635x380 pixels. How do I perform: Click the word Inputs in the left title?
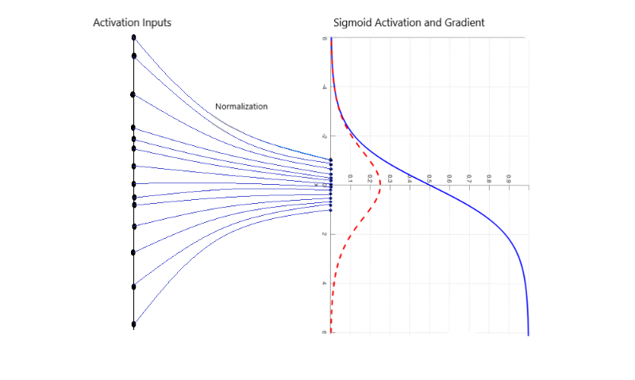pos(154,23)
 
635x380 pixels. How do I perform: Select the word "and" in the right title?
pos(432,23)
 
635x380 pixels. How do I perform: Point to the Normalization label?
pos(241,106)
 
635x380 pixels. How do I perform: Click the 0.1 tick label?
pos(350,179)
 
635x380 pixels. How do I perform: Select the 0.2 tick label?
pos(370,179)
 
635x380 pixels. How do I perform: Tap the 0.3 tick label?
pos(390,179)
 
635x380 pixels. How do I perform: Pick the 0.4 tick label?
pos(410,179)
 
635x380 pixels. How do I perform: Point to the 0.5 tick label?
pos(429,179)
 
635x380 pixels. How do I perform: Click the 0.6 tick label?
pos(449,179)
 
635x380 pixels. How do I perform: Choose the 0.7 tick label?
pos(469,179)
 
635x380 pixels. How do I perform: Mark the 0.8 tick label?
pos(489,179)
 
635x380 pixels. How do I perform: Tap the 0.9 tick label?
pos(509,179)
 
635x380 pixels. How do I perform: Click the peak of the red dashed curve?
pos(380,184)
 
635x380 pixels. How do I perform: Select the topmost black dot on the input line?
pos(133,37)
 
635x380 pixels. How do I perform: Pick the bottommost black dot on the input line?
pos(133,324)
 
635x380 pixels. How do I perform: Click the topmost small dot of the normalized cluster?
pos(330,161)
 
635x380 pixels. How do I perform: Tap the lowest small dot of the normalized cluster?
pos(330,210)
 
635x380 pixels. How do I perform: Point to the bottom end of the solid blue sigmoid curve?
pos(528,333)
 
